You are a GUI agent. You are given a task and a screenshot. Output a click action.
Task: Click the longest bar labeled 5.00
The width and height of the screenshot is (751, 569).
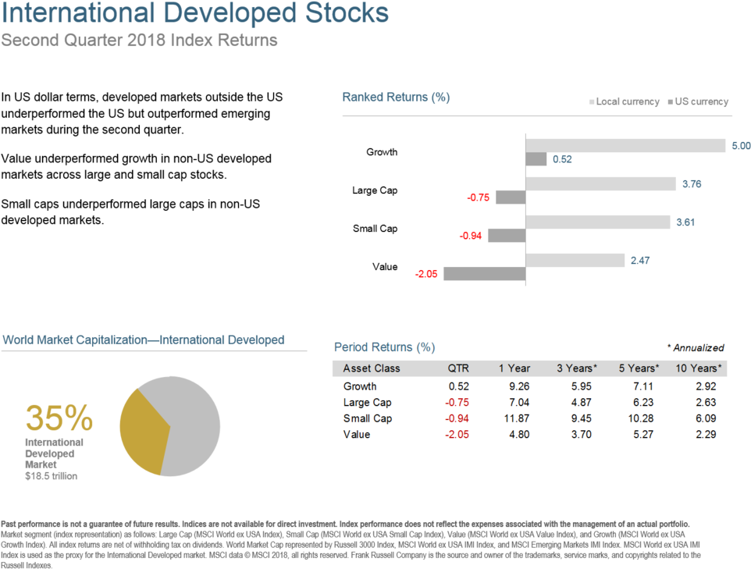point(626,146)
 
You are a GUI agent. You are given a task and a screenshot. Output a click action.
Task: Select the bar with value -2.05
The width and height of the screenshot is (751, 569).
point(484,274)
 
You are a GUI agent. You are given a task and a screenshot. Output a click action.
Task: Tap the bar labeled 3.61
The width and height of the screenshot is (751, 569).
point(598,222)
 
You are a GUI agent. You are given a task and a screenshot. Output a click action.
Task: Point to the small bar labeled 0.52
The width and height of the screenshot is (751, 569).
point(536,159)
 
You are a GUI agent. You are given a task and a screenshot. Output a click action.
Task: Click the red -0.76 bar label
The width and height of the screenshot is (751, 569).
point(478,197)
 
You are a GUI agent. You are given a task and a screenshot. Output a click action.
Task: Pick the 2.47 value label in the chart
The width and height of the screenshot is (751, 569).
point(640,261)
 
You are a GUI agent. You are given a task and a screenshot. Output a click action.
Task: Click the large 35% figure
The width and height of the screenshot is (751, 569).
point(59,418)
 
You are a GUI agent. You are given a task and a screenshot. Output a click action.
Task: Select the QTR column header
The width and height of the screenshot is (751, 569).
point(458,368)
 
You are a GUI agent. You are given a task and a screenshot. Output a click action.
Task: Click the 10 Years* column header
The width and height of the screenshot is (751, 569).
point(698,368)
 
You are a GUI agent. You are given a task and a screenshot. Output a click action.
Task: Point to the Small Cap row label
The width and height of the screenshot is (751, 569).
point(367,418)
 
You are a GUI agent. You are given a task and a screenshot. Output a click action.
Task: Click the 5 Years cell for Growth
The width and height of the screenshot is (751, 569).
point(642,386)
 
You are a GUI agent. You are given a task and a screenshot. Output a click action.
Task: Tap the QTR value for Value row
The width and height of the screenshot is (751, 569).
point(457,434)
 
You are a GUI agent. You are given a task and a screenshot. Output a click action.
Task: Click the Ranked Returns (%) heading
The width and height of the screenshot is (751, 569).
point(396,98)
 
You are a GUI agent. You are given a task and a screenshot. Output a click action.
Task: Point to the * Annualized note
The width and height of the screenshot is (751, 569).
point(695,348)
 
